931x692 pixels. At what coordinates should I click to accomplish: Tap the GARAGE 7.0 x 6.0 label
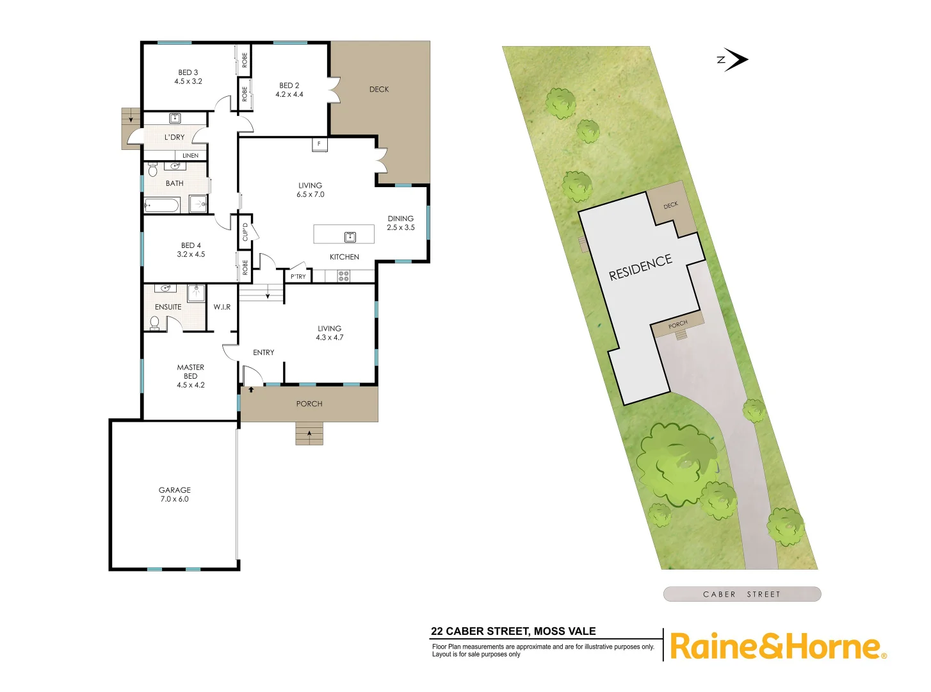coord(174,494)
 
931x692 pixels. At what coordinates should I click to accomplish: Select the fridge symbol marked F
coord(320,144)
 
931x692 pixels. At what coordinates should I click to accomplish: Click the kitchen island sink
coord(350,237)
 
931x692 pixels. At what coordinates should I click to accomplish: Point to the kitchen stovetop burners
coord(344,276)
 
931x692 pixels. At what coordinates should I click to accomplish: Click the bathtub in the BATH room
coord(161,206)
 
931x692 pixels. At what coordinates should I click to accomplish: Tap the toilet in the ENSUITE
coord(155,322)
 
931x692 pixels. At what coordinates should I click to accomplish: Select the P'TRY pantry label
coord(298,277)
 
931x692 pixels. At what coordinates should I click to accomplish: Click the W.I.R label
coord(222,307)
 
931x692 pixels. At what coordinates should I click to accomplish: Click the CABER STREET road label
coord(741,595)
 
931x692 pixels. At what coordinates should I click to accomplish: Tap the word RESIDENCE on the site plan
coord(640,267)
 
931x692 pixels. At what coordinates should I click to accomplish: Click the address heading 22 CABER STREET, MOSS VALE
coord(513,631)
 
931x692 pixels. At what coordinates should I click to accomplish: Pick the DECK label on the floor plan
coord(379,89)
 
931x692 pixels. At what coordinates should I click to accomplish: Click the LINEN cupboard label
coord(190,156)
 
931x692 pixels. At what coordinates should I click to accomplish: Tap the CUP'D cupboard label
coord(245,232)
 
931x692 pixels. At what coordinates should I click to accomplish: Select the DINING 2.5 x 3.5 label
coord(401,223)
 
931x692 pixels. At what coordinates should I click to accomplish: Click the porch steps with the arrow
coord(309,434)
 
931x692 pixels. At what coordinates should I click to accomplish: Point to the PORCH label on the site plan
coord(677,325)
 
